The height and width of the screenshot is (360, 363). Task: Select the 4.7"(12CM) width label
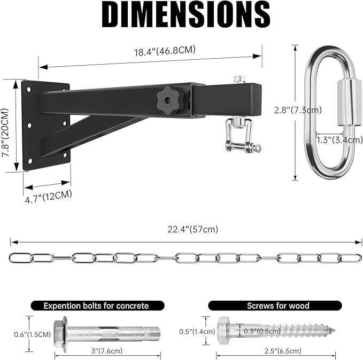pyautogui.click(x=49, y=195)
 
